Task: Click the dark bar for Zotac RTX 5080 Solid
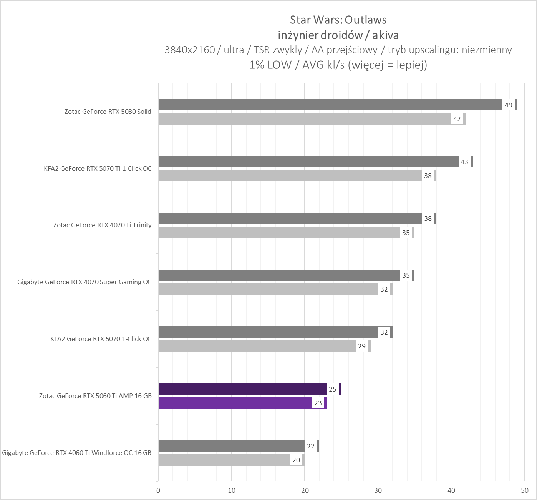[330, 105]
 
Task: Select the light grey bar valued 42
[305, 119]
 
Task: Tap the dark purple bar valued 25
[242, 389]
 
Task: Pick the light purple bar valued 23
[235, 403]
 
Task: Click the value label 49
[508, 105]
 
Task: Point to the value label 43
[464, 162]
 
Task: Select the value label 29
[362, 346]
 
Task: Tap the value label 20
[296, 460]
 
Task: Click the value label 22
[311, 446]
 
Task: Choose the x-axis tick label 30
[378, 490]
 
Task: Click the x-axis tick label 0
[158, 490]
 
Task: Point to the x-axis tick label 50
[524, 490]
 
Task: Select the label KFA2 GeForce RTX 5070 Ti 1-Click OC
[98, 168]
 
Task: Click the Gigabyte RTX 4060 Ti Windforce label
[77, 453]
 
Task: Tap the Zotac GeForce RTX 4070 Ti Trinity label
[102, 225]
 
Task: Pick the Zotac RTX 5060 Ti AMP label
[95, 396]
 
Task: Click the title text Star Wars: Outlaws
[338, 20]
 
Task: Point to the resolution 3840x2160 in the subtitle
[189, 50]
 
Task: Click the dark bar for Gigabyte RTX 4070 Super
[279, 275]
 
